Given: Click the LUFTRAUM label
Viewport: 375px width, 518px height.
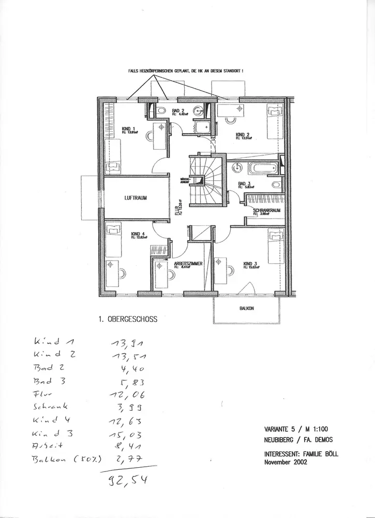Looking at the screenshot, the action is coord(137,198).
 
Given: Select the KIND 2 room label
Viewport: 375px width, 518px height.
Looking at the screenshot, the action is coord(243,135).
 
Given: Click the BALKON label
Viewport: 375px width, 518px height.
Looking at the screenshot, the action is coord(246,307).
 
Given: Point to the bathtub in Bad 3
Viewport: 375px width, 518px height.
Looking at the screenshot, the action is coord(263,168).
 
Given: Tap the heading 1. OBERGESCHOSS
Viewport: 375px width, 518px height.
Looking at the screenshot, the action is coord(127,320).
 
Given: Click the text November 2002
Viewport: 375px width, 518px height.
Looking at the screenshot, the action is coord(286,463).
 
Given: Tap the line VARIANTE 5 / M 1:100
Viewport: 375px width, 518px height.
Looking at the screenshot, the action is coord(295,428).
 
